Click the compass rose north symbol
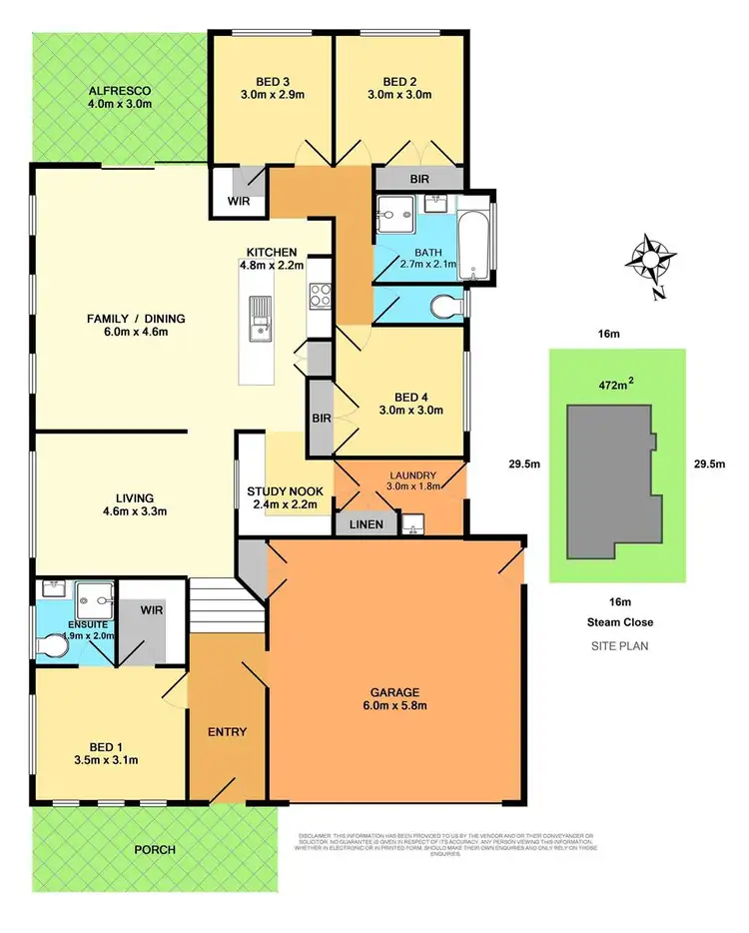pyautogui.click(x=647, y=262)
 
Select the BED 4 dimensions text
pyautogui.click(x=398, y=409)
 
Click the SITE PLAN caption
pyautogui.click(x=619, y=646)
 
